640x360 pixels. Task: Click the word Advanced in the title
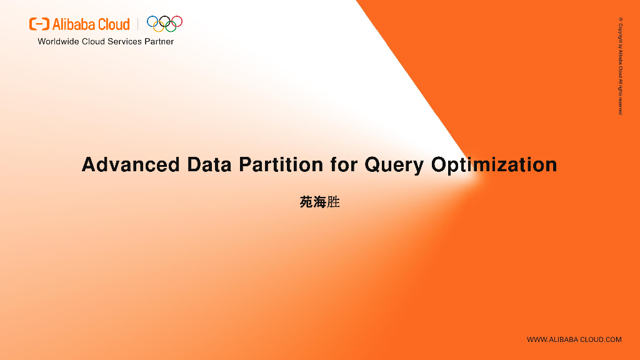[131, 164]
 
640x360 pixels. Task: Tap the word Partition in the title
[281, 164]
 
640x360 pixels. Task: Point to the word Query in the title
[394, 166]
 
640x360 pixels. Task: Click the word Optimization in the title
[494, 166]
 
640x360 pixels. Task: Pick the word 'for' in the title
[344, 164]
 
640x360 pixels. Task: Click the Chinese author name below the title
[320, 202]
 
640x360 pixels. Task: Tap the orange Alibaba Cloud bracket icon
[39, 24]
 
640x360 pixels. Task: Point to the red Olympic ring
[182, 21]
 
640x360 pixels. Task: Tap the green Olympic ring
[176, 26]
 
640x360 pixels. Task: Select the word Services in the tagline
[124, 42]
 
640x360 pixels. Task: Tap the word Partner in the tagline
[159, 42]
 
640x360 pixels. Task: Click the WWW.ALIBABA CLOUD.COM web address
[574, 339]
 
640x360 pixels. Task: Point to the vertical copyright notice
[621, 66]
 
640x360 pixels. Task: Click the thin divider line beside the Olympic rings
[138, 24]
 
